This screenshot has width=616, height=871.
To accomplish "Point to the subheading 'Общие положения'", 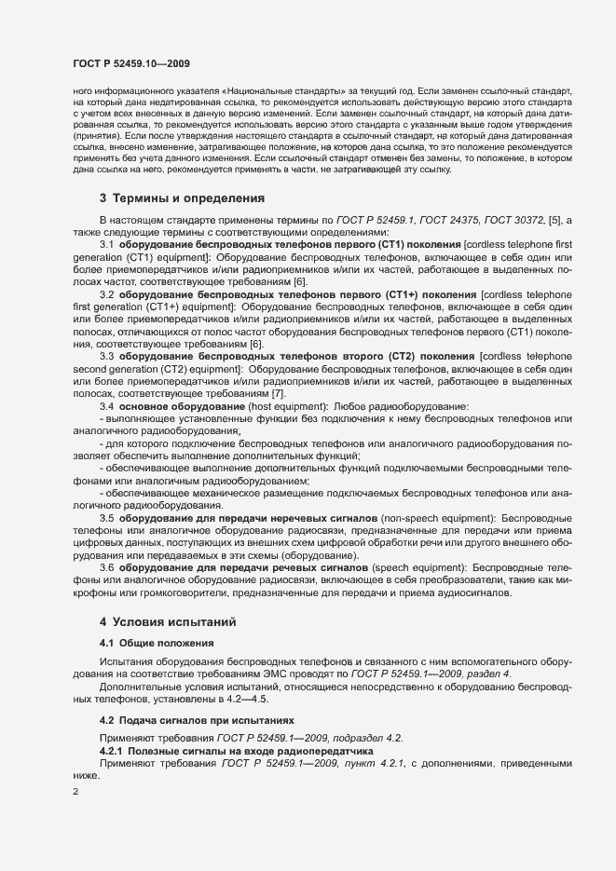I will click(x=157, y=643).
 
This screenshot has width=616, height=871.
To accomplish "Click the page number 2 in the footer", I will click(x=75, y=792).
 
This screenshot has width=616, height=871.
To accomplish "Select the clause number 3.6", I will click(x=107, y=566).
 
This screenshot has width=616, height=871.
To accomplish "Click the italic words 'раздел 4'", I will click(x=495, y=674).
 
